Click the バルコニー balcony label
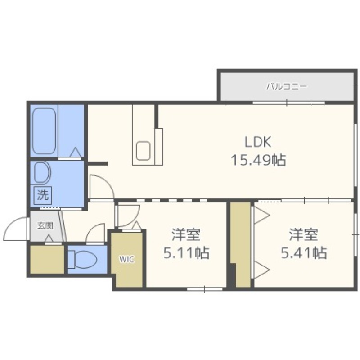287,86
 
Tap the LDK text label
258,142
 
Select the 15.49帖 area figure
258,160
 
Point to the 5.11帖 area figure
186,252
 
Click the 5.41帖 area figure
304,252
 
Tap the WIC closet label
126,260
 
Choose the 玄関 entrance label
45,226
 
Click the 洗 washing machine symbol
43,195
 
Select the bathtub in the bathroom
44,131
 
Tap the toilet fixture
83,260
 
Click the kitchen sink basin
143,151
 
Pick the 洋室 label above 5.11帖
186,234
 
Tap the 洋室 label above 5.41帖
303,234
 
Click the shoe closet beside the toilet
47,260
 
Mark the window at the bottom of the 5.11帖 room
205,289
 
